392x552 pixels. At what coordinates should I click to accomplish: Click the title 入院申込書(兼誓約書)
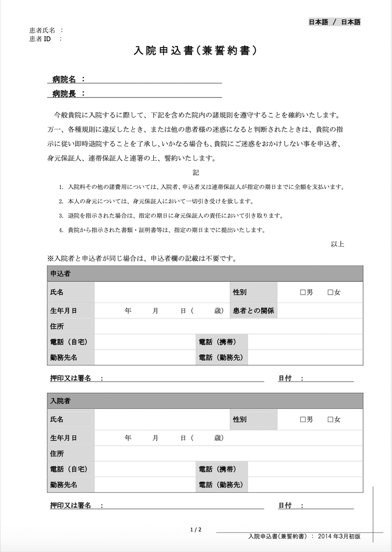coord(196,51)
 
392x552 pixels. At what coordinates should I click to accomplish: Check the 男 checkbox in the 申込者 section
coord(302,293)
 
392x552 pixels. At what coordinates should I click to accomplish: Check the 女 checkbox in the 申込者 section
coord(330,293)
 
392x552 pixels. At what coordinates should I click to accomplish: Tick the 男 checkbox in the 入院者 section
coord(302,420)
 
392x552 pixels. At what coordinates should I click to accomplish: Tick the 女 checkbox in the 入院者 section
coord(330,420)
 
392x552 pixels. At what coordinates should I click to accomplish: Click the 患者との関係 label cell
coord(253,310)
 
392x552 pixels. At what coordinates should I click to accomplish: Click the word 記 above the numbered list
coord(196,173)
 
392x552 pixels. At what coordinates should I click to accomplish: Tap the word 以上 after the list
coord(338,244)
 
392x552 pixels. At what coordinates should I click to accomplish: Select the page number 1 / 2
coord(196,529)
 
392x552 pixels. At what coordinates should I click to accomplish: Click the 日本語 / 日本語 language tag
coord(334,22)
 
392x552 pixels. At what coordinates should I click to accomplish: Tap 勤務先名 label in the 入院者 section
coord(64,485)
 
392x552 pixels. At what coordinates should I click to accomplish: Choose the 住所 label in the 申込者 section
coord(57,326)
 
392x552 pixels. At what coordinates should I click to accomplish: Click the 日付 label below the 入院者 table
coord(286,505)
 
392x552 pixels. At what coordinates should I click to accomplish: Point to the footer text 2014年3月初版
coord(339,537)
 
